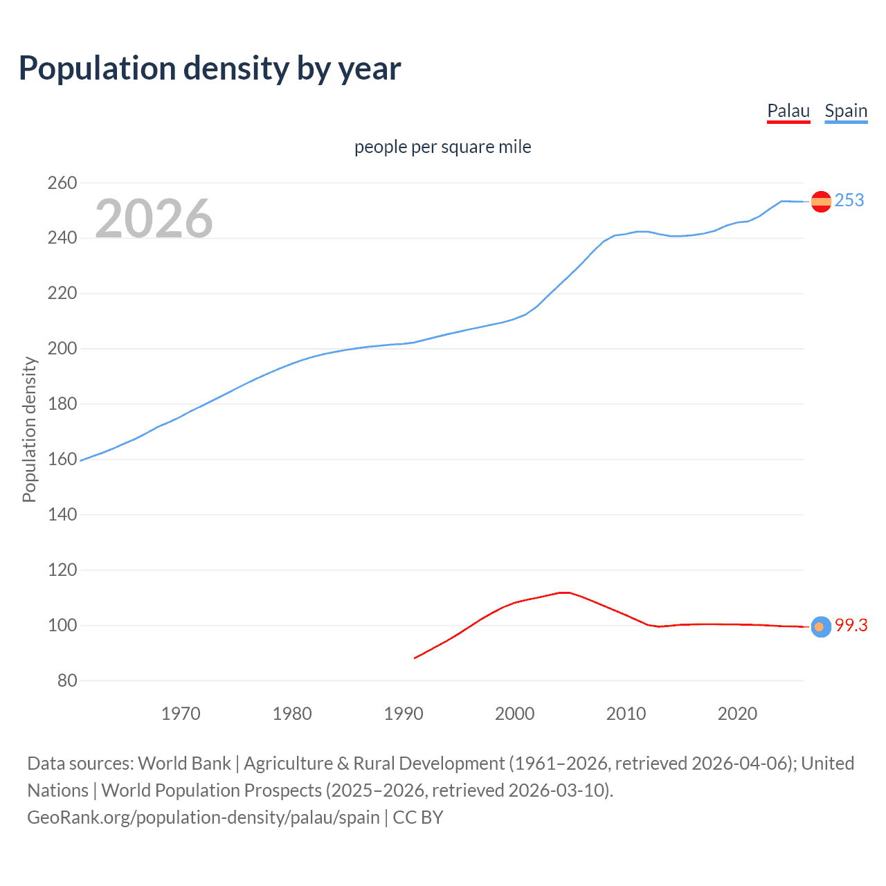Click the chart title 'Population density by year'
pos(210,69)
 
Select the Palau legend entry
pos(788,111)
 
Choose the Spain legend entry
pos(846,111)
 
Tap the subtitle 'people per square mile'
pos(442,147)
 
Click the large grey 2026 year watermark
pos(154,219)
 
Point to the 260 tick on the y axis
pos(62,183)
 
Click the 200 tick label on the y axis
pos(62,349)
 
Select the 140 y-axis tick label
pos(62,514)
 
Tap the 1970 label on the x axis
pos(181,714)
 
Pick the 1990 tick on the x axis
pos(404,714)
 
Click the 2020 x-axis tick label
pos(737,714)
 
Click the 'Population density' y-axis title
pos(29,429)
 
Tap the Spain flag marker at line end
pos(821,201)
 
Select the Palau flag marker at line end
pos(821,626)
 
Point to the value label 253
pos(849,201)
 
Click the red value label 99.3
pos(851,626)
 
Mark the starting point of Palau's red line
pos(415,658)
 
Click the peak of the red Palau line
pos(564,593)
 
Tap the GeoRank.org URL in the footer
pos(204,817)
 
